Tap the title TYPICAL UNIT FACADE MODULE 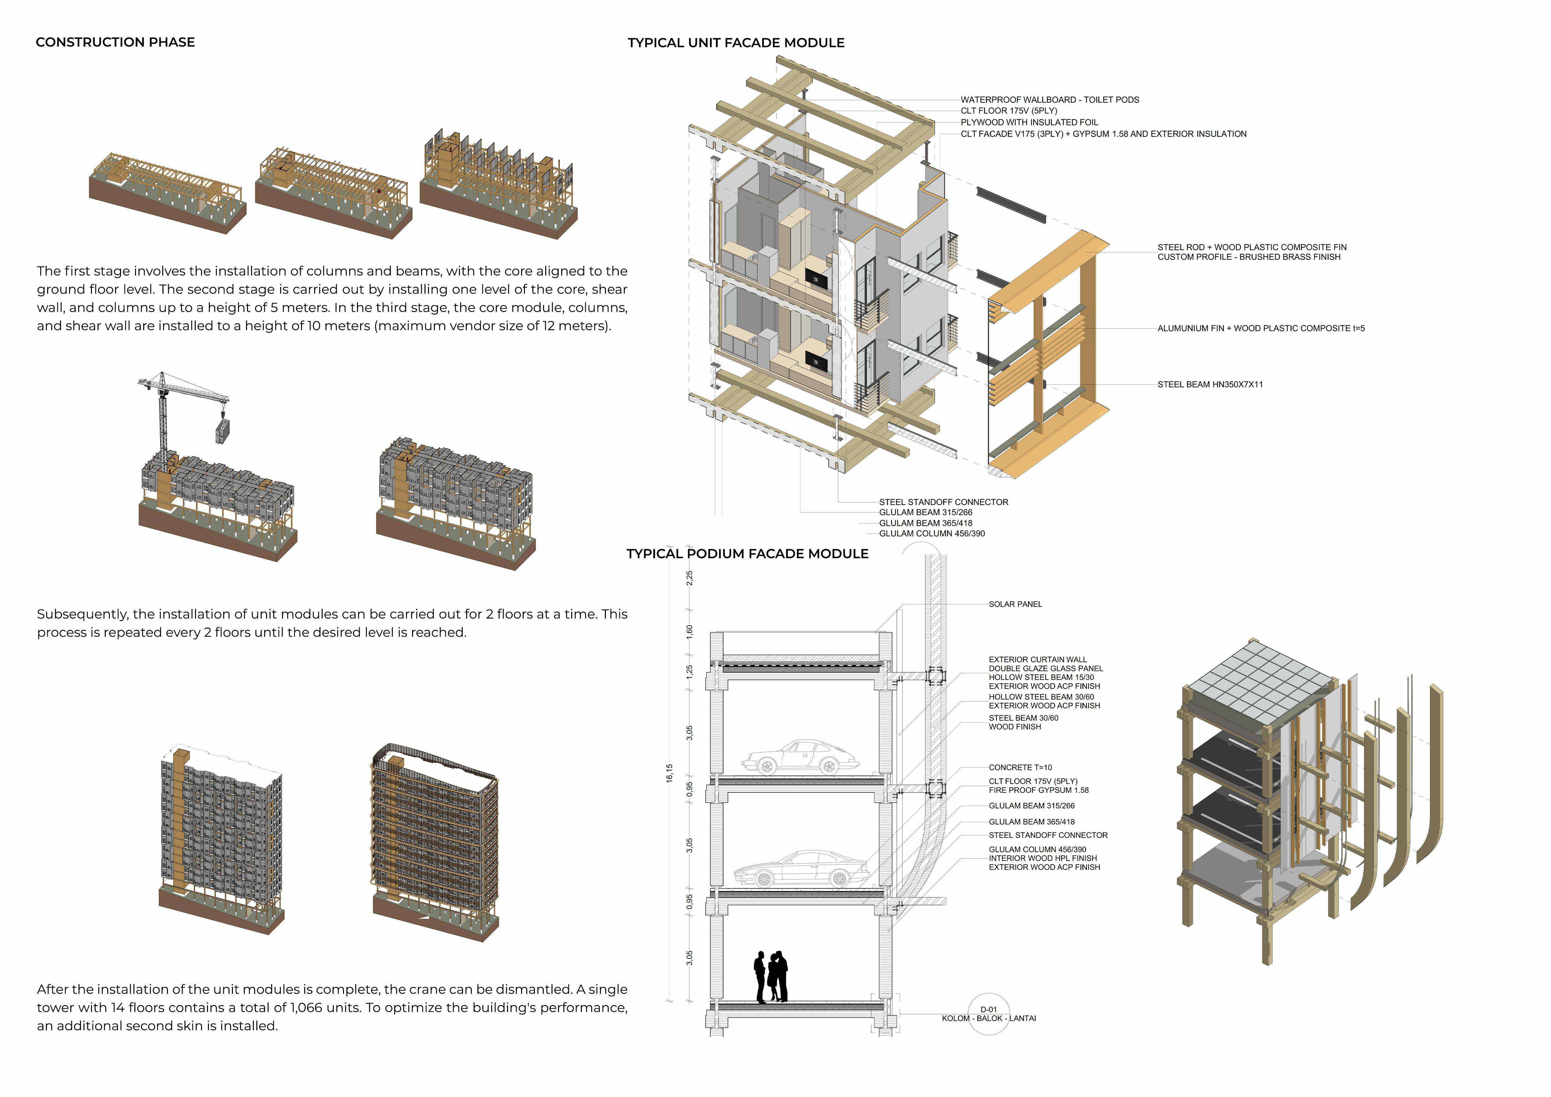[x=736, y=43]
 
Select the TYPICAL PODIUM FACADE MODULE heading [x=747, y=554]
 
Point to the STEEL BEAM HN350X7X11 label [x=1210, y=384]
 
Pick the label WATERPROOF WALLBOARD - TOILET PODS [x=1050, y=99]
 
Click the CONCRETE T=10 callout [x=1020, y=767]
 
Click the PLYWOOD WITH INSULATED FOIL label [x=1029, y=122]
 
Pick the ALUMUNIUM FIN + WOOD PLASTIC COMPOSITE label [x=1261, y=328]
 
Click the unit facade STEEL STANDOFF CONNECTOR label [x=943, y=502]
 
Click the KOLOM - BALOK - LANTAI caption [x=988, y=1018]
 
